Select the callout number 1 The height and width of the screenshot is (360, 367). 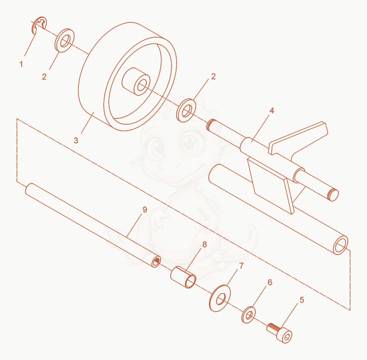click(21, 64)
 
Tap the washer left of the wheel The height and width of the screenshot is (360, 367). click(64, 40)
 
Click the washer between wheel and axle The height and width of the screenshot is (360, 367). click(186, 111)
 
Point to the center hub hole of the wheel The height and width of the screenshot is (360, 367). click(142, 85)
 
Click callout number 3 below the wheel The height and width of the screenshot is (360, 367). click(76, 140)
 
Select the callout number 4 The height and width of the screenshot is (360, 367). click(272, 111)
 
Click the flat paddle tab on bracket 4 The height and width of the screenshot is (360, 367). click(299, 138)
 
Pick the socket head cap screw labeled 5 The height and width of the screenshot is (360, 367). click(280, 332)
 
